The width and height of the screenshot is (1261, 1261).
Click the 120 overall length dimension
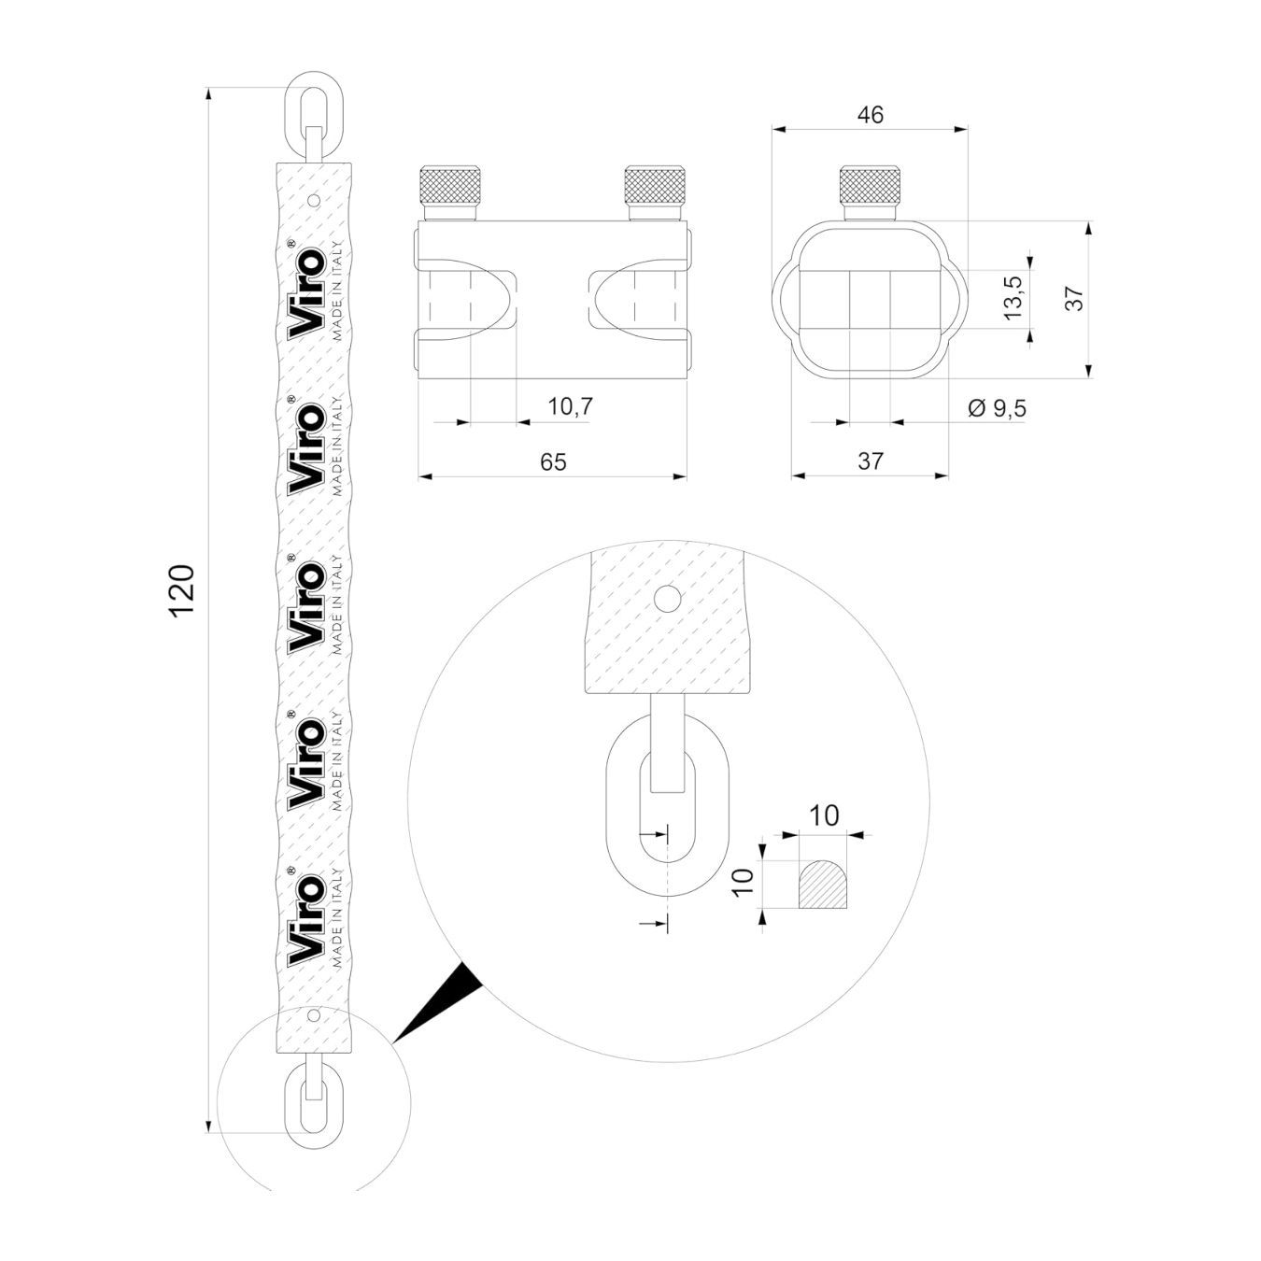[x=182, y=590]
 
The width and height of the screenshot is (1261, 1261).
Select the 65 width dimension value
[x=553, y=462]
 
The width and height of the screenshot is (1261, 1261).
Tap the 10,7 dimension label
[x=570, y=406]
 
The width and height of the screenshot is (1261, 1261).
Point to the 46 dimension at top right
[x=871, y=115]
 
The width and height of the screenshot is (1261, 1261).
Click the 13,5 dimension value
[x=1013, y=298]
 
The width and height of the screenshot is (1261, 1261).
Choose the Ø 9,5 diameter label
[x=997, y=409]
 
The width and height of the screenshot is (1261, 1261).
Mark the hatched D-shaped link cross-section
[x=823, y=884]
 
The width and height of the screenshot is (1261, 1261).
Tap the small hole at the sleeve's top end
[x=314, y=200]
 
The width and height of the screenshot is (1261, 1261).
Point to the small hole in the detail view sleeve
[x=668, y=597]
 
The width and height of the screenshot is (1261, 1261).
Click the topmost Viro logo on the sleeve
[x=307, y=293]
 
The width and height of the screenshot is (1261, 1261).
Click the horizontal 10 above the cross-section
[x=824, y=816]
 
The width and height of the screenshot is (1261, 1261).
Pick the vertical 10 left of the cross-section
[x=744, y=883]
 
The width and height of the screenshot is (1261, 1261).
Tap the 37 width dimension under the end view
[x=871, y=461]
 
